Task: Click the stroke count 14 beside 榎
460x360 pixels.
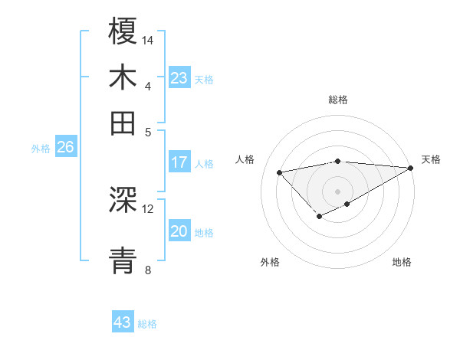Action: [x=148, y=39]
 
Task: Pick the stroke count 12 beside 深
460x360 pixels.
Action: [x=148, y=208]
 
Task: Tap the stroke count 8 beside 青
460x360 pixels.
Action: [x=147, y=269]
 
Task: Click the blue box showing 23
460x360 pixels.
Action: [x=179, y=78]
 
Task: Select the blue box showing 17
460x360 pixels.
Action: [x=179, y=162]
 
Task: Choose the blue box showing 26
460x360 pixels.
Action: [x=65, y=148]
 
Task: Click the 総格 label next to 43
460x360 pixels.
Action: [x=147, y=324]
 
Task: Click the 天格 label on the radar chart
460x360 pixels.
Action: [x=431, y=159]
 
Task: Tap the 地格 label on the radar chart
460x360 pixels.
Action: [x=402, y=262]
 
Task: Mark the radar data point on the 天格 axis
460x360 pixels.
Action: [x=412, y=168]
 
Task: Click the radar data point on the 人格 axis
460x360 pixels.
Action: [x=279, y=172]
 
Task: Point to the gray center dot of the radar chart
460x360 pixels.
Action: [x=338, y=191]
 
